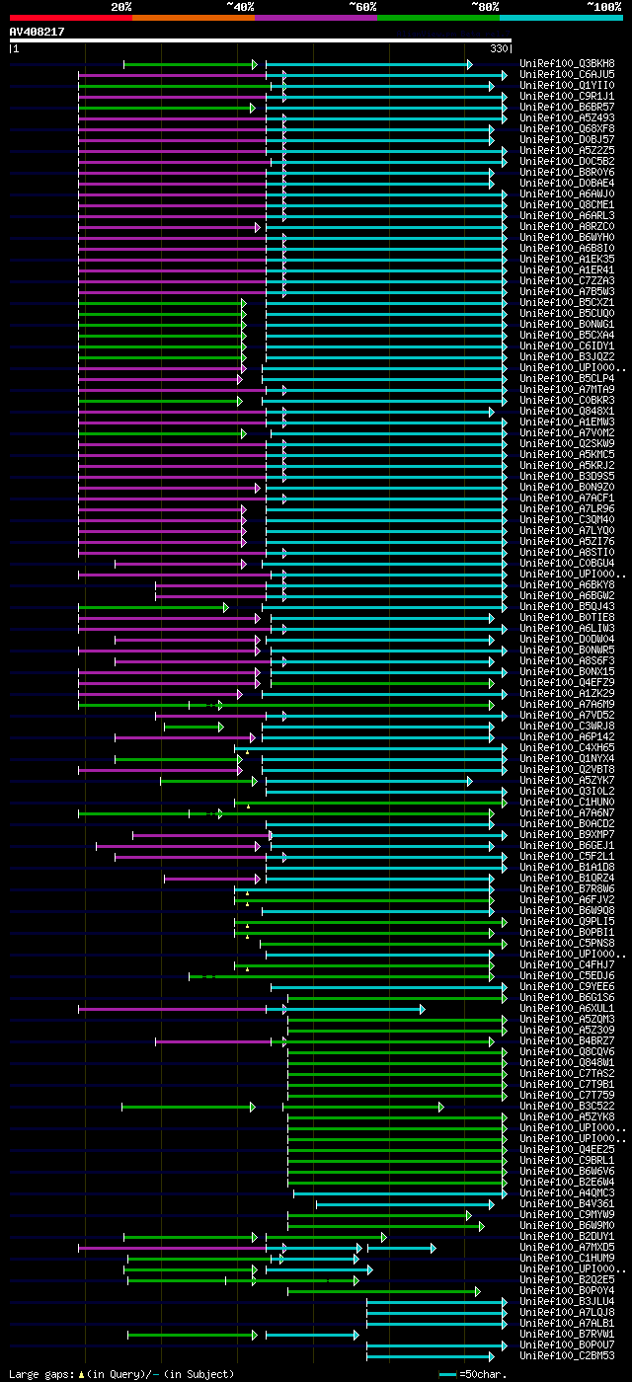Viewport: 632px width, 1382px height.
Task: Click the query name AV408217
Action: click(38, 32)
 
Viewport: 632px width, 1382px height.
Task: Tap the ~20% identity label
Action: click(120, 7)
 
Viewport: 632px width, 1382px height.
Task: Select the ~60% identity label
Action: click(362, 7)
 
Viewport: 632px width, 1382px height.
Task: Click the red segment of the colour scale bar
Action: click(70, 18)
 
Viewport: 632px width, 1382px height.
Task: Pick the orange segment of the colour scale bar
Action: click(193, 18)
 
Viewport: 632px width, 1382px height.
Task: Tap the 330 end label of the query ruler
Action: click(499, 48)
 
